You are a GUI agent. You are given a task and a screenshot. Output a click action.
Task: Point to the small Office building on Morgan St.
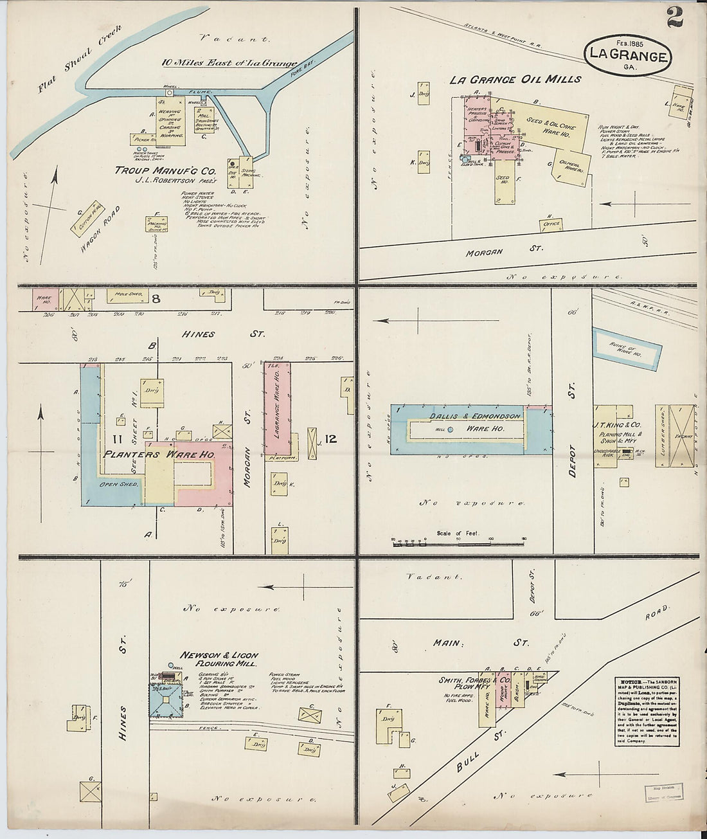click(x=551, y=224)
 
